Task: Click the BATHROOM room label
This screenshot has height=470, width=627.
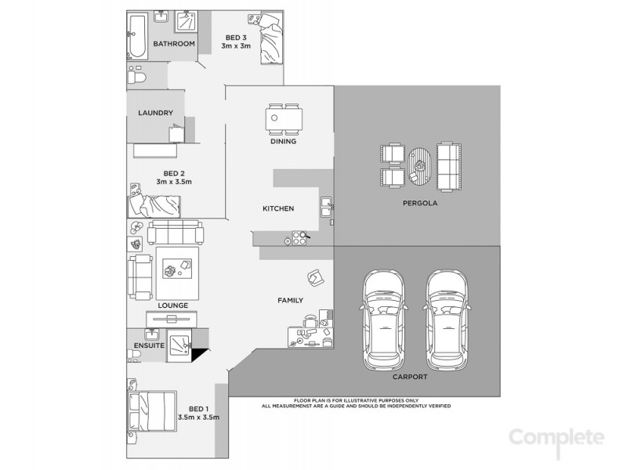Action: [173, 44]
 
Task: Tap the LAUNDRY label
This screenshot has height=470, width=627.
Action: [155, 113]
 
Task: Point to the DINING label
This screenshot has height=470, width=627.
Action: [282, 143]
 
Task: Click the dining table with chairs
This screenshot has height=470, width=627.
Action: [282, 119]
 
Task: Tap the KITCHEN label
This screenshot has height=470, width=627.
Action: [278, 208]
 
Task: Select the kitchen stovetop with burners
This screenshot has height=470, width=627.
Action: [297, 237]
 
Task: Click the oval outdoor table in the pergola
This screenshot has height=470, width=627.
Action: [422, 165]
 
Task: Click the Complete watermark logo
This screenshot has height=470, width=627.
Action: [556, 436]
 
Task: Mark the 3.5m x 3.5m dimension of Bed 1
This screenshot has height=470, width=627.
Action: [198, 417]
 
